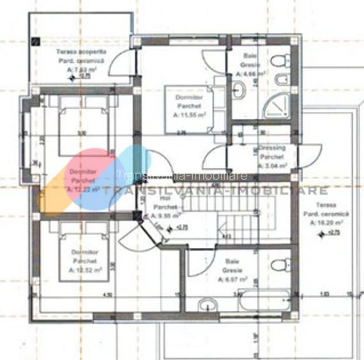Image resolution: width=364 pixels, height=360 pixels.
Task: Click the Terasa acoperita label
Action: click(x=81, y=51)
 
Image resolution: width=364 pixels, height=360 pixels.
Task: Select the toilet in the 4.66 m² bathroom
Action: click(x=279, y=62)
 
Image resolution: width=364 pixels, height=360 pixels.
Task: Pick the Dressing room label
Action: click(x=272, y=148)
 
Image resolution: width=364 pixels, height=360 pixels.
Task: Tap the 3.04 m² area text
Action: click(x=272, y=165)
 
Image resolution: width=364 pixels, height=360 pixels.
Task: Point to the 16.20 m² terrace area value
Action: click(x=324, y=224)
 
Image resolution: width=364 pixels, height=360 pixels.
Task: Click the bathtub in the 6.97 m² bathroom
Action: click(x=264, y=301)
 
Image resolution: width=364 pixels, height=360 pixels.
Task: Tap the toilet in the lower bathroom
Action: click(x=282, y=263)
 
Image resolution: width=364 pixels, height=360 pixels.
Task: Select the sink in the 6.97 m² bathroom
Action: click(x=208, y=304)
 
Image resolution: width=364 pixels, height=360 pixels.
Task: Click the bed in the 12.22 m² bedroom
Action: click(x=84, y=128)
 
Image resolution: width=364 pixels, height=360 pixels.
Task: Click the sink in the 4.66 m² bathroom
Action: click(x=238, y=90)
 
